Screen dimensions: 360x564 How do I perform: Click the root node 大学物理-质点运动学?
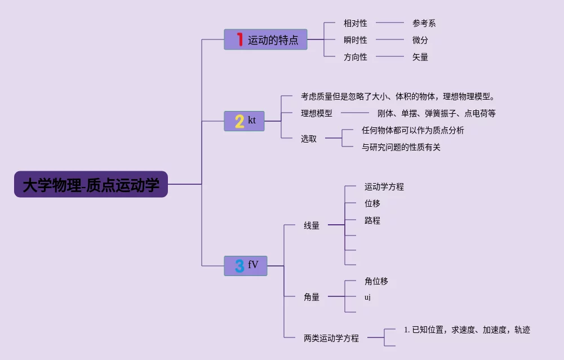91,184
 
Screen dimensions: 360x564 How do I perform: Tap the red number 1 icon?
239,39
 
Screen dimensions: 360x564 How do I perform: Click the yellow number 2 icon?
239,121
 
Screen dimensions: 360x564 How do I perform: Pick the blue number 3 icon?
239,266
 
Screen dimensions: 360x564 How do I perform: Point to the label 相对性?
355,23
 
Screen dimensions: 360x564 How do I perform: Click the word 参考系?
424,23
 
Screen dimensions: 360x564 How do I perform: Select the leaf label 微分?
420,40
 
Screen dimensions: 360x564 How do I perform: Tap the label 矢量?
420,57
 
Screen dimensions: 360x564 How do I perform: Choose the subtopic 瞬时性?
355,40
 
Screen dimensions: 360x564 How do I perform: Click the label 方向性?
355,57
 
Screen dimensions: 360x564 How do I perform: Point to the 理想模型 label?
316,113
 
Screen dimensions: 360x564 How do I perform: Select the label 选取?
308,139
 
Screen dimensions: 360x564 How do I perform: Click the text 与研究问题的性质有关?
401,147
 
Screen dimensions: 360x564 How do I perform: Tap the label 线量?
311,225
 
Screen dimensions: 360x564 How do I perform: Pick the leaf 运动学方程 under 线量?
384,186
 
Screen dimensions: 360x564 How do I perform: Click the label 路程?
372,220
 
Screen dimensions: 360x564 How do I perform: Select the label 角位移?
376,281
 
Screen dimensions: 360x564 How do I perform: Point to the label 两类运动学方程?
331,338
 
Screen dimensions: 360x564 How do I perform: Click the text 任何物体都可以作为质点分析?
412,130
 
